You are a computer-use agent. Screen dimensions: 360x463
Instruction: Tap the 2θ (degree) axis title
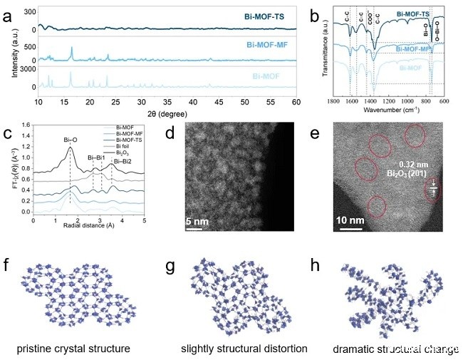click(x=168, y=113)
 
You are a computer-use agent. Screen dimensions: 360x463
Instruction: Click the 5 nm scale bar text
click(x=199, y=222)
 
